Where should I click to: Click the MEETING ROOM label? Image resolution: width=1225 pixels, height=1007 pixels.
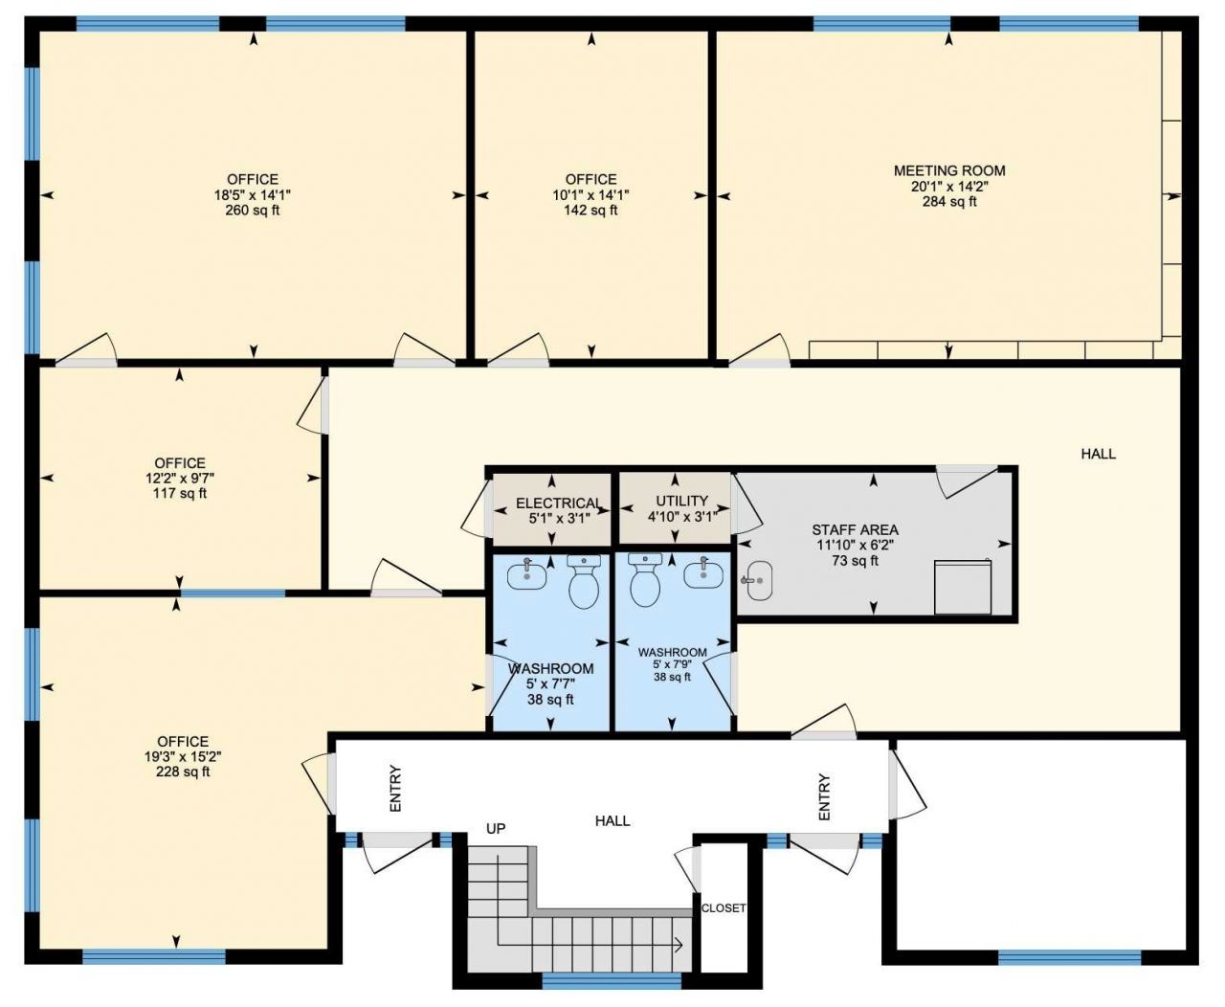click(x=949, y=170)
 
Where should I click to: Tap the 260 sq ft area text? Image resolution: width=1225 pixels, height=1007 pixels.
click(x=252, y=210)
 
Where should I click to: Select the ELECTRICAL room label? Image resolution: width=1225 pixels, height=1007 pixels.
click(x=559, y=503)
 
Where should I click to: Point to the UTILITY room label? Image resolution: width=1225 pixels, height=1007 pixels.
click(x=681, y=501)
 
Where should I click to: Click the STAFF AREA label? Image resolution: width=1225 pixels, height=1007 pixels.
click(x=855, y=530)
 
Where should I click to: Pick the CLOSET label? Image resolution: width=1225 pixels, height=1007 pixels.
click(x=724, y=908)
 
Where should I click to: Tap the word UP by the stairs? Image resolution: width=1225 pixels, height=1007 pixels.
click(x=496, y=829)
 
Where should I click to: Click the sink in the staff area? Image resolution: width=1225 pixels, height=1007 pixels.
click(x=759, y=580)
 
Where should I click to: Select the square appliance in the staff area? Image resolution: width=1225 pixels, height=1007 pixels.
click(x=963, y=587)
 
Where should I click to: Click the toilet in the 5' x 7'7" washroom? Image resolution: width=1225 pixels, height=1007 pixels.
click(x=584, y=580)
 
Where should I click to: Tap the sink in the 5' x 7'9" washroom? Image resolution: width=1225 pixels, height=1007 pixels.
click(x=703, y=572)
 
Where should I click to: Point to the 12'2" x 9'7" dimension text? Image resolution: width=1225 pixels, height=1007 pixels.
click(x=180, y=479)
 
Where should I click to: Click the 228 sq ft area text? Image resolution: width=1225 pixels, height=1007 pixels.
click(x=183, y=772)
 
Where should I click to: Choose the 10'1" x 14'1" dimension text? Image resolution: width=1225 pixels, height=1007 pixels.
click(x=590, y=195)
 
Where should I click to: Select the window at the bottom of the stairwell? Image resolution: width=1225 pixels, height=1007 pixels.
click(x=611, y=981)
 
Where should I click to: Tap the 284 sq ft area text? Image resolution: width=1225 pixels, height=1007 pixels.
click(x=949, y=202)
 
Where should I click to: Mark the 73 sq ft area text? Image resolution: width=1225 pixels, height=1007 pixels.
click(x=855, y=561)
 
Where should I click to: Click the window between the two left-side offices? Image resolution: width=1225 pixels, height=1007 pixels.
click(x=233, y=593)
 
